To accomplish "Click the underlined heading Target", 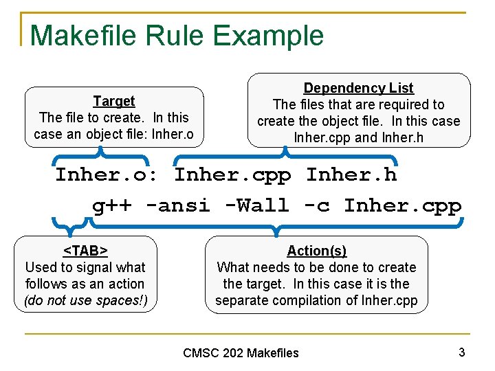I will click(x=113, y=101).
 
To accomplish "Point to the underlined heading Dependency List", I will click(x=358, y=88).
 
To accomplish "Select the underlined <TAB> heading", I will click(x=85, y=251).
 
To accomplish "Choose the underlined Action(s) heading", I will click(x=316, y=251).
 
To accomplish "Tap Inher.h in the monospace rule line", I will click(x=351, y=175).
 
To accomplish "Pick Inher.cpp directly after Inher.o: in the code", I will click(x=232, y=175).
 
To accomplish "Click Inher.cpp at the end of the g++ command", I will click(x=402, y=205).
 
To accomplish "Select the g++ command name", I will click(x=113, y=205).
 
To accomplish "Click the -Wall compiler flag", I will click(x=256, y=205).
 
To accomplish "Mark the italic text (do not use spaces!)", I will click(x=85, y=300).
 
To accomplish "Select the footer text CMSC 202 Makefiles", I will click(x=241, y=353).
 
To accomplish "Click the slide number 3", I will click(x=461, y=352).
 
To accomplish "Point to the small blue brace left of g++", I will click(x=69, y=223).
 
